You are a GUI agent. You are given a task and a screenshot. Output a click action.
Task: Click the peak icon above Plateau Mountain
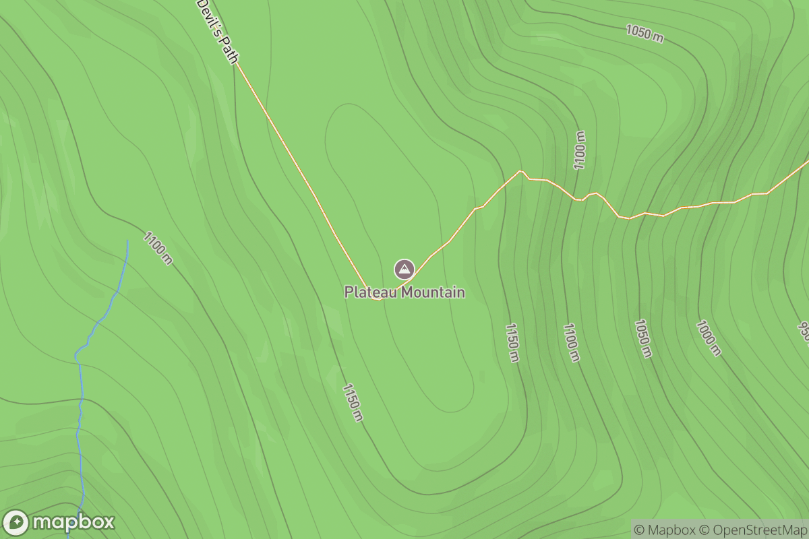pyautogui.click(x=404, y=269)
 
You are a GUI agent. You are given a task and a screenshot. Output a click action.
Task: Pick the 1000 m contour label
pyautogui.click(x=709, y=338)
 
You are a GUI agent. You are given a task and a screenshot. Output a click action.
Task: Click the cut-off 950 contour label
pyautogui.click(x=804, y=331)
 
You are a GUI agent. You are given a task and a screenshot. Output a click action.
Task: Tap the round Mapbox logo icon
pyautogui.click(x=16, y=523)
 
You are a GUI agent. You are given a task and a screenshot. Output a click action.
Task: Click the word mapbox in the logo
pyautogui.click(x=73, y=523)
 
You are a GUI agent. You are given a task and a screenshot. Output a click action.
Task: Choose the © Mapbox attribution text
pyautogui.click(x=665, y=530)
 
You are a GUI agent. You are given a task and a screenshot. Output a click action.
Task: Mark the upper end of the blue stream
pyautogui.click(x=127, y=240)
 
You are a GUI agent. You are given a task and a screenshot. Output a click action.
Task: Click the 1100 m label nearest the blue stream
pyautogui.click(x=158, y=248)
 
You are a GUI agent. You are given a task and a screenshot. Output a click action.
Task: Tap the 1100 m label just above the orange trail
pyautogui.click(x=580, y=150)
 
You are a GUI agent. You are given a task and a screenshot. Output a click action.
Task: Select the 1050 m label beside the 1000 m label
pyautogui.click(x=642, y=338)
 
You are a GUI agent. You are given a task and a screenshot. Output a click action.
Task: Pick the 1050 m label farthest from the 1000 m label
pyautogui.click(x=645, y=32)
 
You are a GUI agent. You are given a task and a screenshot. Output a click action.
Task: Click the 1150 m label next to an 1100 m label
pyautogui.click(x=512, y=342)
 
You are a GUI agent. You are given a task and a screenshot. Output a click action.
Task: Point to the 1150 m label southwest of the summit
pyautogui.click(x=353, y=402)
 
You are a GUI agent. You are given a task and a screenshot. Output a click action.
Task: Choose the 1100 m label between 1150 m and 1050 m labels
pyautogui.click(x=570, y=342)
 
